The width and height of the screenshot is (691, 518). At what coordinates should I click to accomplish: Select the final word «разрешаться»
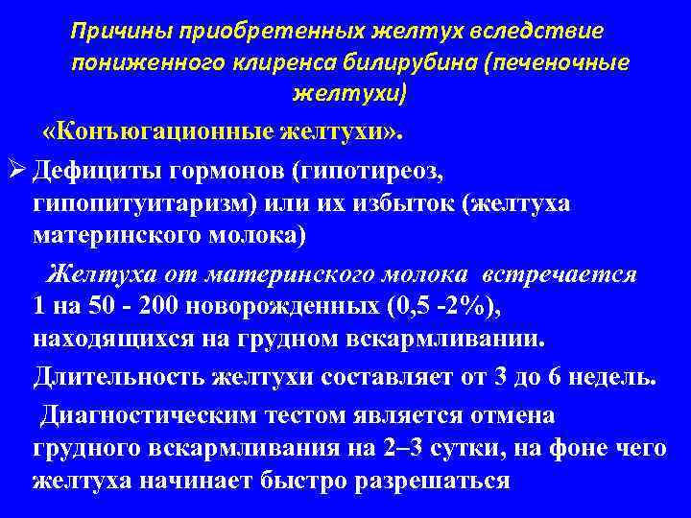point(433,480)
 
